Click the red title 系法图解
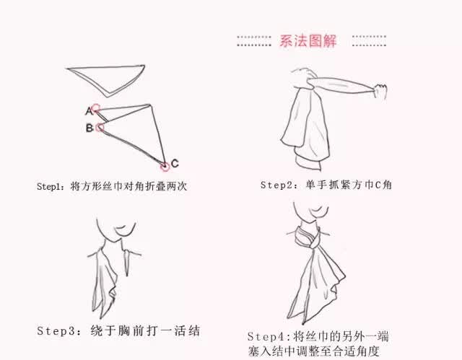click(x=308, y=40)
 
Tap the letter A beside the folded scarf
click(x=89, y=111)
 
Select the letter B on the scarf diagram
click(x=90, y=128)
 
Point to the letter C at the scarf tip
click(x=175, y=163)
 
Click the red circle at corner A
click(x=95, y=109)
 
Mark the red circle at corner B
click(x=100, y=128)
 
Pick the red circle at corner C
click(x=165, y=167)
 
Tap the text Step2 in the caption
click(x=276, y=185)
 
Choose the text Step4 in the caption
click(x=266, y=336)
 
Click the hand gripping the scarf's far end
click(x=380, y=91)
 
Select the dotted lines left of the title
click(x=254, y=41)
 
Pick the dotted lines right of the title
click(x=369, y=41)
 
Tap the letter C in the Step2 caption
click(x=378, y=185)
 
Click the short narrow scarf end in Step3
click(x=127, y=263)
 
